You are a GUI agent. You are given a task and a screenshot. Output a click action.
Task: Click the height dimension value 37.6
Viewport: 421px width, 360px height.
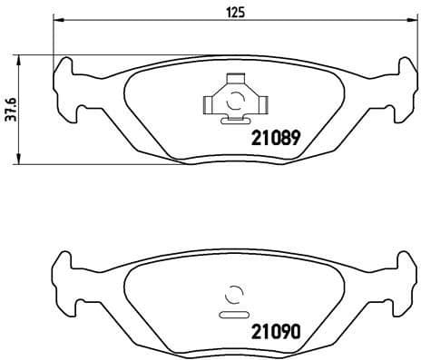pos(10,110)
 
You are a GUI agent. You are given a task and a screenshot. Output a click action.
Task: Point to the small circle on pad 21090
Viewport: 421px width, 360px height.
pos(233,294)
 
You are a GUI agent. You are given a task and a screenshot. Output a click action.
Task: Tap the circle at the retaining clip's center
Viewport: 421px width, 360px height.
pos(233,101)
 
